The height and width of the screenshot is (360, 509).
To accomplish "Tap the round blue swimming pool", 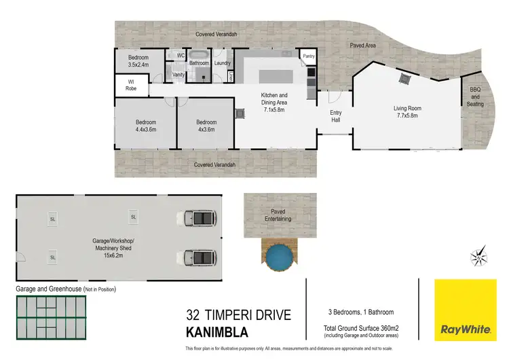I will (x=279, y=256).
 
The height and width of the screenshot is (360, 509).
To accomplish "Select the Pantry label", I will (x=309, y=56).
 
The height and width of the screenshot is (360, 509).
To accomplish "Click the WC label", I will (x=181, y=55).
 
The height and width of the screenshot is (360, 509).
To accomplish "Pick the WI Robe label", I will (x=131, y=85).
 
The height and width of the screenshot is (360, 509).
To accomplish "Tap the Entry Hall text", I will (x=335, y=116).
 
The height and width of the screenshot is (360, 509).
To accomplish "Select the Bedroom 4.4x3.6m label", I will (x=146, y=126).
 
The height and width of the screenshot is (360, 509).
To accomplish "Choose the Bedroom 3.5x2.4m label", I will (x=138, y=62).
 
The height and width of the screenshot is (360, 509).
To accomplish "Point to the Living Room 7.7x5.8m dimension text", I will (x=408, y=115).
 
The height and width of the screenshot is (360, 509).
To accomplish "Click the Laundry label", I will (x=223, y=63).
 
